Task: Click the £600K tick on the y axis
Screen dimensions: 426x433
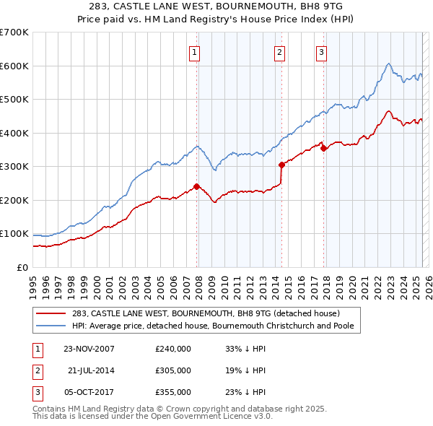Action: [x=14, y=66]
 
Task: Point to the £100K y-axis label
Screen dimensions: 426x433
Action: [x=14, y=234]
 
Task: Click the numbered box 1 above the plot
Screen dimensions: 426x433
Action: [x=196, y=52]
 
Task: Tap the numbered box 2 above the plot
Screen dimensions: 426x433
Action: [x=279, y=52]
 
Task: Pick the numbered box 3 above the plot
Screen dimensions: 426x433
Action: [x=320, y=52]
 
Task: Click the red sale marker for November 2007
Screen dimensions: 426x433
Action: [x=196, y=186]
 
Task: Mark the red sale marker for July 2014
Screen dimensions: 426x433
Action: [x=281, y=165]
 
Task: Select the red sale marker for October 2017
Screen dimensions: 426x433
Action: [x=323, y=148]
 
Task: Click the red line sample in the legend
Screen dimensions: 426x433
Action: [x=52, y=313]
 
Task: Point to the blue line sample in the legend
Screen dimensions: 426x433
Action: [x=52, y=326]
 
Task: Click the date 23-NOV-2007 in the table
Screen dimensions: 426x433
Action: [x=89, y=348]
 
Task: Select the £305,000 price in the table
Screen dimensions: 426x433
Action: [x=173, y=370]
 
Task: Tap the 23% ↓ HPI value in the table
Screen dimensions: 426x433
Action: [x=246, y=392]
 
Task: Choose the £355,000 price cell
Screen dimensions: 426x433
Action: [x=173, y=392]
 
